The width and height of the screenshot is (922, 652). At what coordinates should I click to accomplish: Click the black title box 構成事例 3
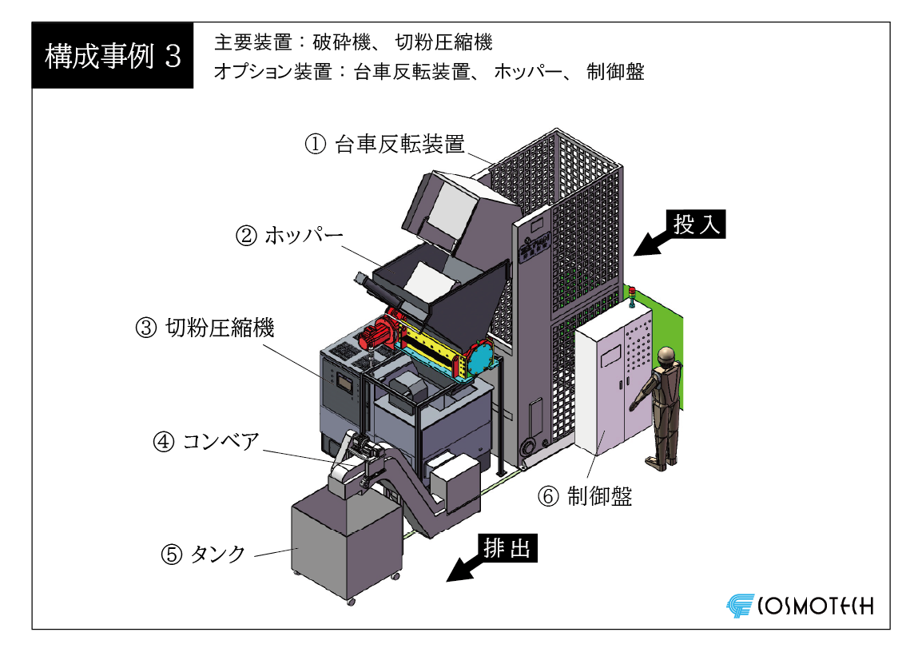click(113, 56)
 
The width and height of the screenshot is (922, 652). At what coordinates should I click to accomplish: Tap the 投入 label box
click(696, 224)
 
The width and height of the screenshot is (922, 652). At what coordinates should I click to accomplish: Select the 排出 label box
click(507, 548)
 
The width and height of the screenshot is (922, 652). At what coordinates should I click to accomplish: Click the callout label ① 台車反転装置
click(385, 144)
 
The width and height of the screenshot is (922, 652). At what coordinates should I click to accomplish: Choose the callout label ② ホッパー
click(289, 236)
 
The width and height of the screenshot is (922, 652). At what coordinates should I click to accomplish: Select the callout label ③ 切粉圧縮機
click(205, 328)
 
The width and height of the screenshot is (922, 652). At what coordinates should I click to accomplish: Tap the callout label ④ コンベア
click(206, 442)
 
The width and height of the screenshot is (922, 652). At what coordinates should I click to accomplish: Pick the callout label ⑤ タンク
click(203, 554)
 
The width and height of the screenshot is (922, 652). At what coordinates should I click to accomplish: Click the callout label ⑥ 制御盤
click(585, 496)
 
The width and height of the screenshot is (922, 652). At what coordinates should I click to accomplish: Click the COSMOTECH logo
click(800, 606)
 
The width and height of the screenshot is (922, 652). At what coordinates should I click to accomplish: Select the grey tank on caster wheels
click(347, 544)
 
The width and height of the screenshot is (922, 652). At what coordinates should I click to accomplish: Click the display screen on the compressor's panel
click(344, 384)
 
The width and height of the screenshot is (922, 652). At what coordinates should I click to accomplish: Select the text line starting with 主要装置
click(353, 42)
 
